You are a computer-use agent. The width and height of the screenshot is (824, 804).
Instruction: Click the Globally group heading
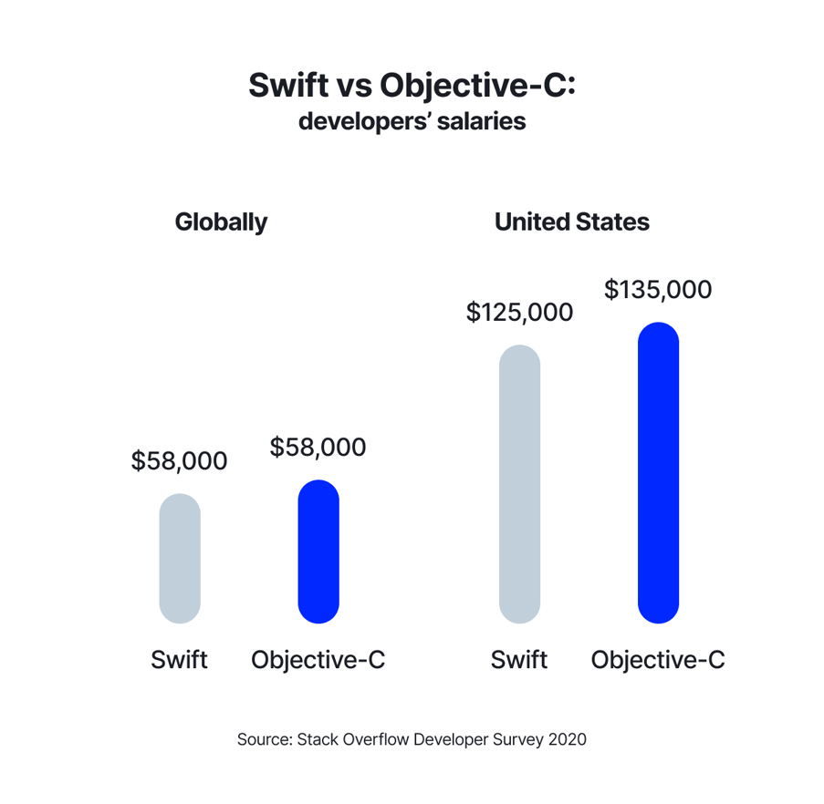(221, 222)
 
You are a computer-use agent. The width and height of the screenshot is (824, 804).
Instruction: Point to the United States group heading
(572, 222)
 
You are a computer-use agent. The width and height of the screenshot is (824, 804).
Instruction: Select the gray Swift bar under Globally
(180, 559)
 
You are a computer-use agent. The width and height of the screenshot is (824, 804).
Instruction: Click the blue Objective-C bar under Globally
(318, 551)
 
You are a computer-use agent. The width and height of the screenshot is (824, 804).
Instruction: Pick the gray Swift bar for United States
(519, 484)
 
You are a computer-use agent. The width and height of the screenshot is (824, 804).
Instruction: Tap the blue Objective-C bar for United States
(658, 473)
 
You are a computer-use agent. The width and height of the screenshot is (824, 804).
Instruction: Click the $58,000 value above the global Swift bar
(179, 461)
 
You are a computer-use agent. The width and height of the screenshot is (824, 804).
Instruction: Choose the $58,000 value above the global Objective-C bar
(318, 448)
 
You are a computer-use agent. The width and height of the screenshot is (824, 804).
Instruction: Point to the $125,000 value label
(519, 313)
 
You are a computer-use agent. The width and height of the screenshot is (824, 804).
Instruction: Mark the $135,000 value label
(658, 290)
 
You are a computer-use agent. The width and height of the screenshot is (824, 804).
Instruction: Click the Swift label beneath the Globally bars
(179, 659)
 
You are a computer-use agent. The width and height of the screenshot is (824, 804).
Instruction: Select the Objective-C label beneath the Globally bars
(318, 659)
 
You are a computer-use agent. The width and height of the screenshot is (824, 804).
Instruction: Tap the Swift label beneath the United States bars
(519, 659)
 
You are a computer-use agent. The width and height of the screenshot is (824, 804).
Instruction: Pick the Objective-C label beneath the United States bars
(658, 659)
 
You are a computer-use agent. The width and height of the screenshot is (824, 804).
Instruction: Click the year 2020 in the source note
(567, 739)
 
